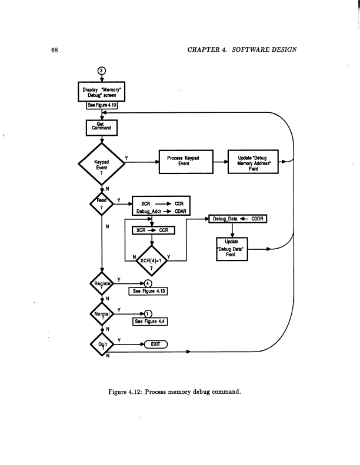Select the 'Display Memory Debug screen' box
pos(102,92)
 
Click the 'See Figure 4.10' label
pos(103,105)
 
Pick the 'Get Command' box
pos(102,126)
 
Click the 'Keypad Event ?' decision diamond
pos(102,164)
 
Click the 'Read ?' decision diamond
pos(102,204)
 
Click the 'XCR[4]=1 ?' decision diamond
pos(152,259)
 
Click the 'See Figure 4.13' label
pos(149,291)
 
